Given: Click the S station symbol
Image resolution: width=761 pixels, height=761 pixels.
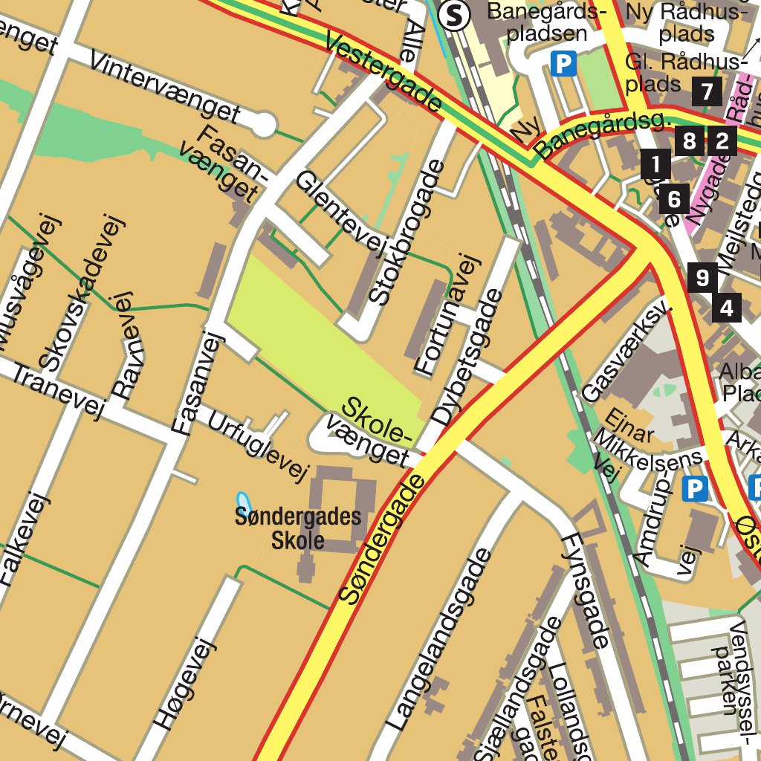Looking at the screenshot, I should click(x=453, y=15).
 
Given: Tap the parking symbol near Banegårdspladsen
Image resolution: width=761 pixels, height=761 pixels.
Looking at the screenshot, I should click(x=563, y=64).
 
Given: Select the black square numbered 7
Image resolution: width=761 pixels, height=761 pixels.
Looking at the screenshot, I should click(x=706, y=91).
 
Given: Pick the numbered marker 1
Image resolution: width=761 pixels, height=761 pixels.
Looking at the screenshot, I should click(x=655, y=163).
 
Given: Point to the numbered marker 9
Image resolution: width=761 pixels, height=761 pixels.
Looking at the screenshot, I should click(x=702, y=278).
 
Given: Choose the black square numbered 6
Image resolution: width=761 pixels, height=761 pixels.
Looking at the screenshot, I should click(x=674, y=198).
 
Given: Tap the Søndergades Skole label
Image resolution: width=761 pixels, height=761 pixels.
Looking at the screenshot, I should click(x=298, y=528).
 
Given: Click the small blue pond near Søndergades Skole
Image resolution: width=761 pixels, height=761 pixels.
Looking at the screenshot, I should click(x=242, y=501).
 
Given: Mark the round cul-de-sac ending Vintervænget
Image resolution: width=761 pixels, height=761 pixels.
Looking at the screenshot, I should click(x=262, y=125).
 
